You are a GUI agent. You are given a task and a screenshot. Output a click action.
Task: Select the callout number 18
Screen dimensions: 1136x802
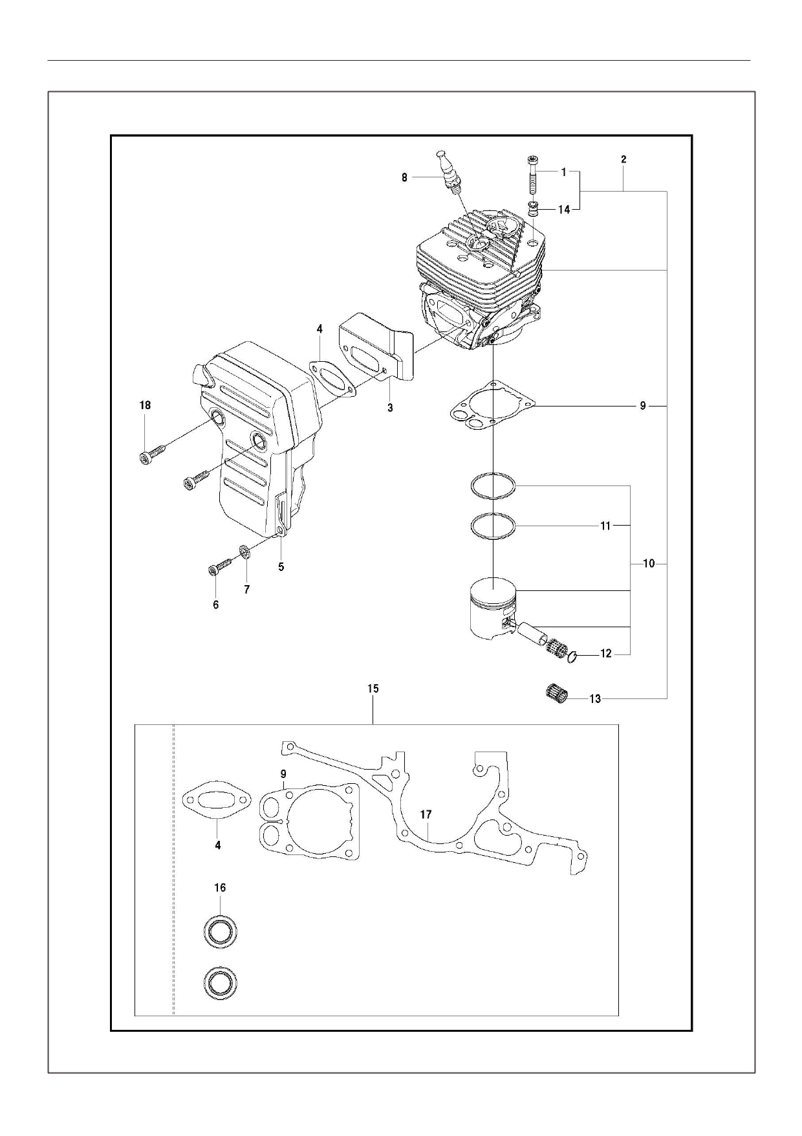pos(145,405)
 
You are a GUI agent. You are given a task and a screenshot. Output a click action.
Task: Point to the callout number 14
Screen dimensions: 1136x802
pos(564,210)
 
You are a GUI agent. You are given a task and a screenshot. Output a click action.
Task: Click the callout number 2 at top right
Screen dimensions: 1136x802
pos(623,159)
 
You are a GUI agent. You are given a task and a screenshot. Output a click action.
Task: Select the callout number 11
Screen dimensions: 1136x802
pos(605,526)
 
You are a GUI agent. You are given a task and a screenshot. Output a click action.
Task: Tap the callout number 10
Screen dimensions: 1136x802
pos(649,564)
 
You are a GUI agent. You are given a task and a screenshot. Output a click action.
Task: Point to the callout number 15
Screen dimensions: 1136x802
pos(373,689)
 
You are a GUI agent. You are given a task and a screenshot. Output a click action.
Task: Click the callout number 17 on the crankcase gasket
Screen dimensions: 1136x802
pos(426,815)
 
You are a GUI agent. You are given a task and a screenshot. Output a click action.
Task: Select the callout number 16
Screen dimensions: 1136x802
pos(220,887)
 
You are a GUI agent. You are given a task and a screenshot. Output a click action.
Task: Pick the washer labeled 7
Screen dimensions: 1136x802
pos(244,553)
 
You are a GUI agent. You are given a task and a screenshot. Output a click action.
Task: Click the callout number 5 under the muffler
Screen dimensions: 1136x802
pos(281,566)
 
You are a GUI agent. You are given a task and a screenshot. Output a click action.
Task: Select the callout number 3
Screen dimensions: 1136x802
pos(390,408)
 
